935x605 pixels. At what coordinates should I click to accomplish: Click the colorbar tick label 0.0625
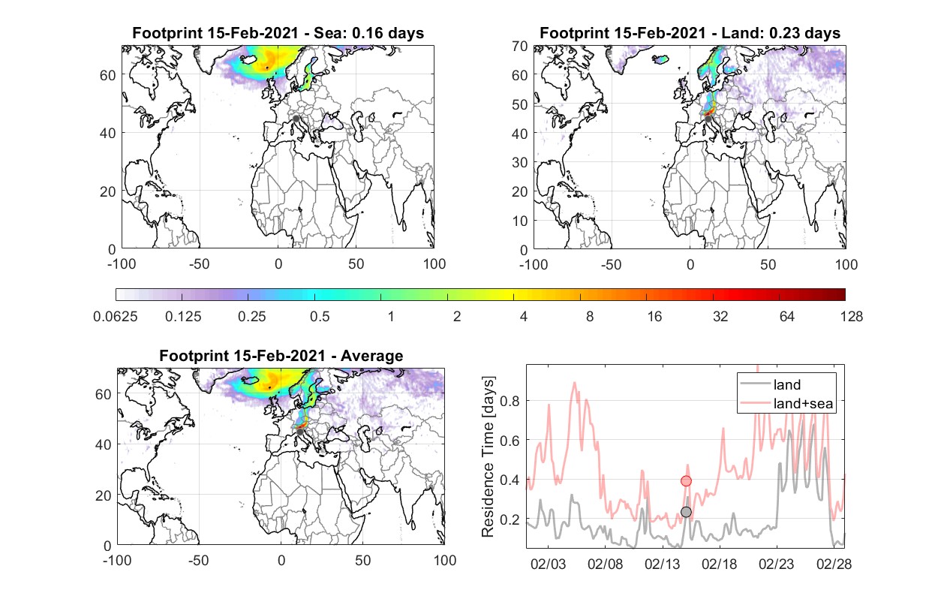(x=116, y=317)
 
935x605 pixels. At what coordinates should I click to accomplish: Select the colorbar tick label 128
(x=851, y=317)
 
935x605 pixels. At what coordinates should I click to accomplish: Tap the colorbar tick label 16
(x=654, y=317)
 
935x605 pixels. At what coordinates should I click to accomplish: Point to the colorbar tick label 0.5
(x=320, y=317)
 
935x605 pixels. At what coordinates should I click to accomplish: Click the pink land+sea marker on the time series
(x=686, y=481)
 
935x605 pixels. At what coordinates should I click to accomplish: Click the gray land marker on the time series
(x=686, y=512)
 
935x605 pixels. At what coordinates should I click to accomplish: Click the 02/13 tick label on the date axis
(x=662, y=564)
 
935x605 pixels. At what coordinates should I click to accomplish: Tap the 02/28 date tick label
(x=834, y=564)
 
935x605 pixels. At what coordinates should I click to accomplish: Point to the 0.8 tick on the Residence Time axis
(x=510, y=401)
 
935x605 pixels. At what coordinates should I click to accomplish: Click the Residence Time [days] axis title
(x=488, y=457)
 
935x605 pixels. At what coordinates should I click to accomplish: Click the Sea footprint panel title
(x=278, y=33)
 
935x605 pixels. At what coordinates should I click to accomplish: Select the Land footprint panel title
(x=690, y=33)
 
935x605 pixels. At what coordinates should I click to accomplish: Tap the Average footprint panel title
(x=281, y=356)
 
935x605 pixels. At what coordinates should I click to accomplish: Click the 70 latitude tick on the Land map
(x=520, y=47)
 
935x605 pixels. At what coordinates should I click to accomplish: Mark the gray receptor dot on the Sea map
(x=296, y=119)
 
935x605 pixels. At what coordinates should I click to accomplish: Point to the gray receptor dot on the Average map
(x=300, y=432)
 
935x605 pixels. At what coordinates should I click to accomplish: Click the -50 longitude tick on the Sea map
(x=199, y=264)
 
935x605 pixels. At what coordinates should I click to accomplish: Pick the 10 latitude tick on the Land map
(x=520, y=221)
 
